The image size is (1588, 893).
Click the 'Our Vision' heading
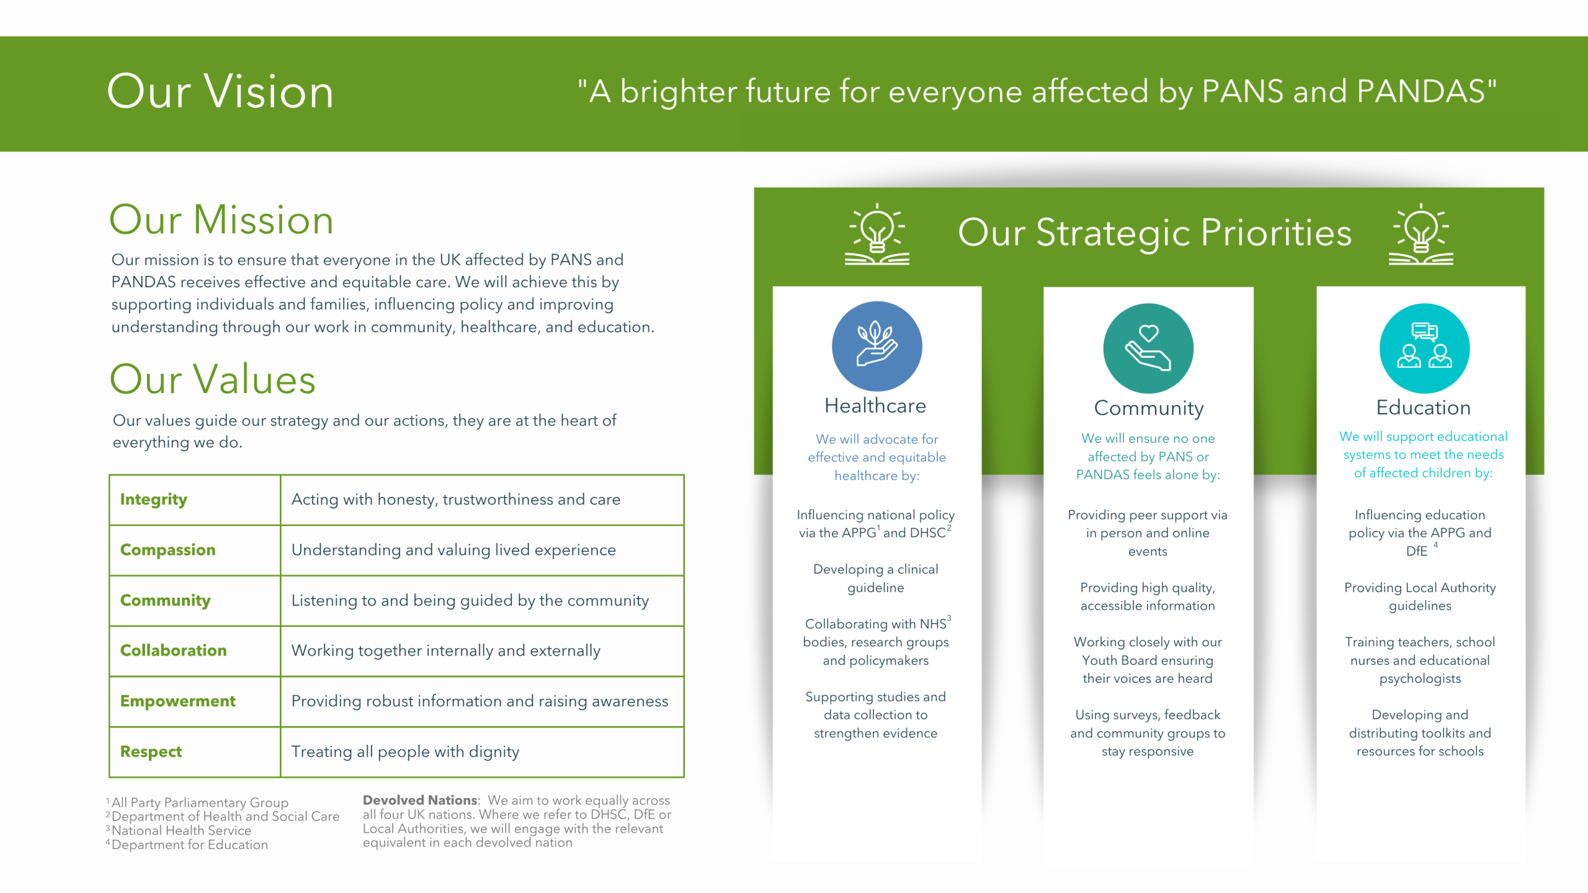click(220, 91)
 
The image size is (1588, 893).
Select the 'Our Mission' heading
click(221, 220)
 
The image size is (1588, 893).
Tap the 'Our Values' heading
click(213, 379)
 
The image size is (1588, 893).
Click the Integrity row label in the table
click(153, 500)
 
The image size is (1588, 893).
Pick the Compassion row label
click(167, 550)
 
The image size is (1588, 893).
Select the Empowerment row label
click(177, 701)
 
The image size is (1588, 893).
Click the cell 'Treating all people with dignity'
click(405, 752)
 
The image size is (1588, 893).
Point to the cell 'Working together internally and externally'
click(445, 651)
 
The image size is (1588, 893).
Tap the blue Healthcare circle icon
click(877, 346)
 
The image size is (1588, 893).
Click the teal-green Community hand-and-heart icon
click(1148, 349)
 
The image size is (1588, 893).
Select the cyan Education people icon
click(1424, 349)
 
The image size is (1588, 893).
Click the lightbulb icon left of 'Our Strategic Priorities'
click(877, 234)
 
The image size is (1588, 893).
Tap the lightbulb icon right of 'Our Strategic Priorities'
click(1421, 234)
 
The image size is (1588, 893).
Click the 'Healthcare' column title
click(875, 406)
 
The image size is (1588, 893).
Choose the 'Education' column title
click(1424, 407)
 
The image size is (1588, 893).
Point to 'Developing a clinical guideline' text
click(875, 578)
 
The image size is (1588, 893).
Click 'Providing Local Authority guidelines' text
click(1420, 597)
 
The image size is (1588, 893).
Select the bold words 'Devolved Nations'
click(420, 800)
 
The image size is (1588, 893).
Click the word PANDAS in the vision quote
click(1421, 91)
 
